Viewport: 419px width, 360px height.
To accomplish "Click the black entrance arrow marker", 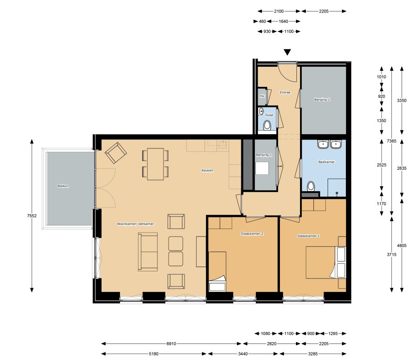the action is [287, 52].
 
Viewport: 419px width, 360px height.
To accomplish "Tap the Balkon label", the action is [63, 186].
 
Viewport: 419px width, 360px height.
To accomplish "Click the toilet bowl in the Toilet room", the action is [267, 125].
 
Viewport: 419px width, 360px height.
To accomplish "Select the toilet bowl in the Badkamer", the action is [311, 186].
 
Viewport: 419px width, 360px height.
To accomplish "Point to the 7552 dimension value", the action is [32, 216].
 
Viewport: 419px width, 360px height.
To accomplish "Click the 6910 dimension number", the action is [171, 344].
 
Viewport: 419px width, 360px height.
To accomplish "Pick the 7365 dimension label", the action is [391, 141].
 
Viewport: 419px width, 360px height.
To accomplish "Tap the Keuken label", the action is [207, 170].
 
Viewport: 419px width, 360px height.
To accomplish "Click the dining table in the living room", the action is [155, 164].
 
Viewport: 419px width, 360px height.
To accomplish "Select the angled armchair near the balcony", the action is [116, 153].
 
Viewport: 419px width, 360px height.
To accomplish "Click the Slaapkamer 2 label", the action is [252, 233].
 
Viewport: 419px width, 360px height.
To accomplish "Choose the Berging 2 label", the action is [322, 99].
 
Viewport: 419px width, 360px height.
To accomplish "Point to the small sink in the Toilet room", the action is [261, 111].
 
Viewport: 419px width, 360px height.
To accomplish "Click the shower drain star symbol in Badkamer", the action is [337, 192].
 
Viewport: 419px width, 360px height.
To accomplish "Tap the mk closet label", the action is [262, 96].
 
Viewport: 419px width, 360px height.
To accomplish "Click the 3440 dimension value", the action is [243, 354].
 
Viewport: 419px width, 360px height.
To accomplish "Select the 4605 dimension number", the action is [402, 245].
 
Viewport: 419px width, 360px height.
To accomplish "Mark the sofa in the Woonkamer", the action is [148, 252].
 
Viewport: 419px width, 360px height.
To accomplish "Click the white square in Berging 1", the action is [262, 168].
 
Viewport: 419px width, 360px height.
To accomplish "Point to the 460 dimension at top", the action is [263, 21].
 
